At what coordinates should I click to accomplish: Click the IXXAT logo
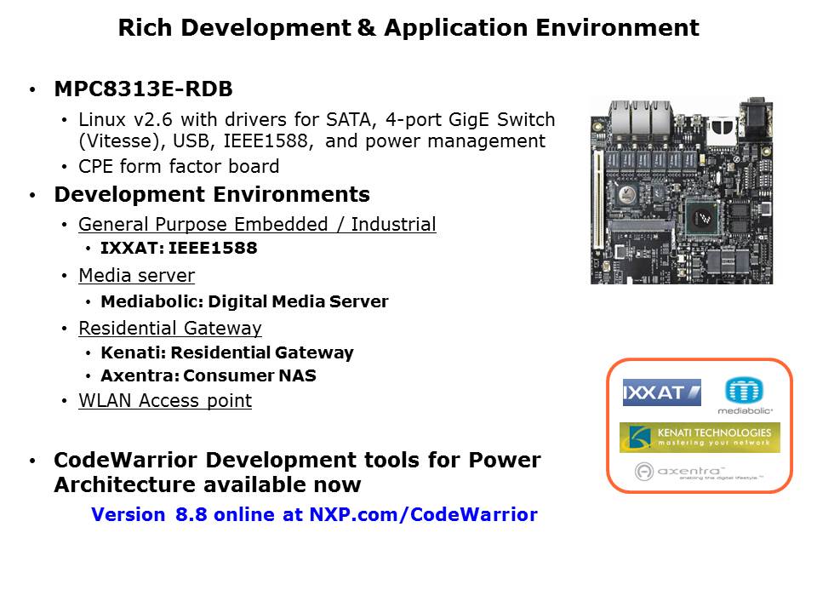(x=662, y=392)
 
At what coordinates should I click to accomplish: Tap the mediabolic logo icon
(x=744, y=390)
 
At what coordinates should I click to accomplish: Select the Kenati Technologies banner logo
(x=700, y=438)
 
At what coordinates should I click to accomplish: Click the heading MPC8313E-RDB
(x=143, y=89)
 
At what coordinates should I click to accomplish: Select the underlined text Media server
(x=136, y=275)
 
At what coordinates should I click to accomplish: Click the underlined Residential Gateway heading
(x=170, y=328)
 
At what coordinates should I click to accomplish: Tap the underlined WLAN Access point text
(x=165, y=400)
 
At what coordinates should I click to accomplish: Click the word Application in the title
(x=455, y=28)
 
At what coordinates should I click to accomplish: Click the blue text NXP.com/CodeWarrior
(x=423, y=514)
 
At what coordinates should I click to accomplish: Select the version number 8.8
(x=191, y=514)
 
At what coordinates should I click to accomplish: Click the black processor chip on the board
(x=701, y=217)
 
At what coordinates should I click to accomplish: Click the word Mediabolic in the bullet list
(x=151, y=301)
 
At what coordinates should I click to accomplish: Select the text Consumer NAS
(x=249, y=375)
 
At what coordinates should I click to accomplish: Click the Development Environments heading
(x=212, y=194)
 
